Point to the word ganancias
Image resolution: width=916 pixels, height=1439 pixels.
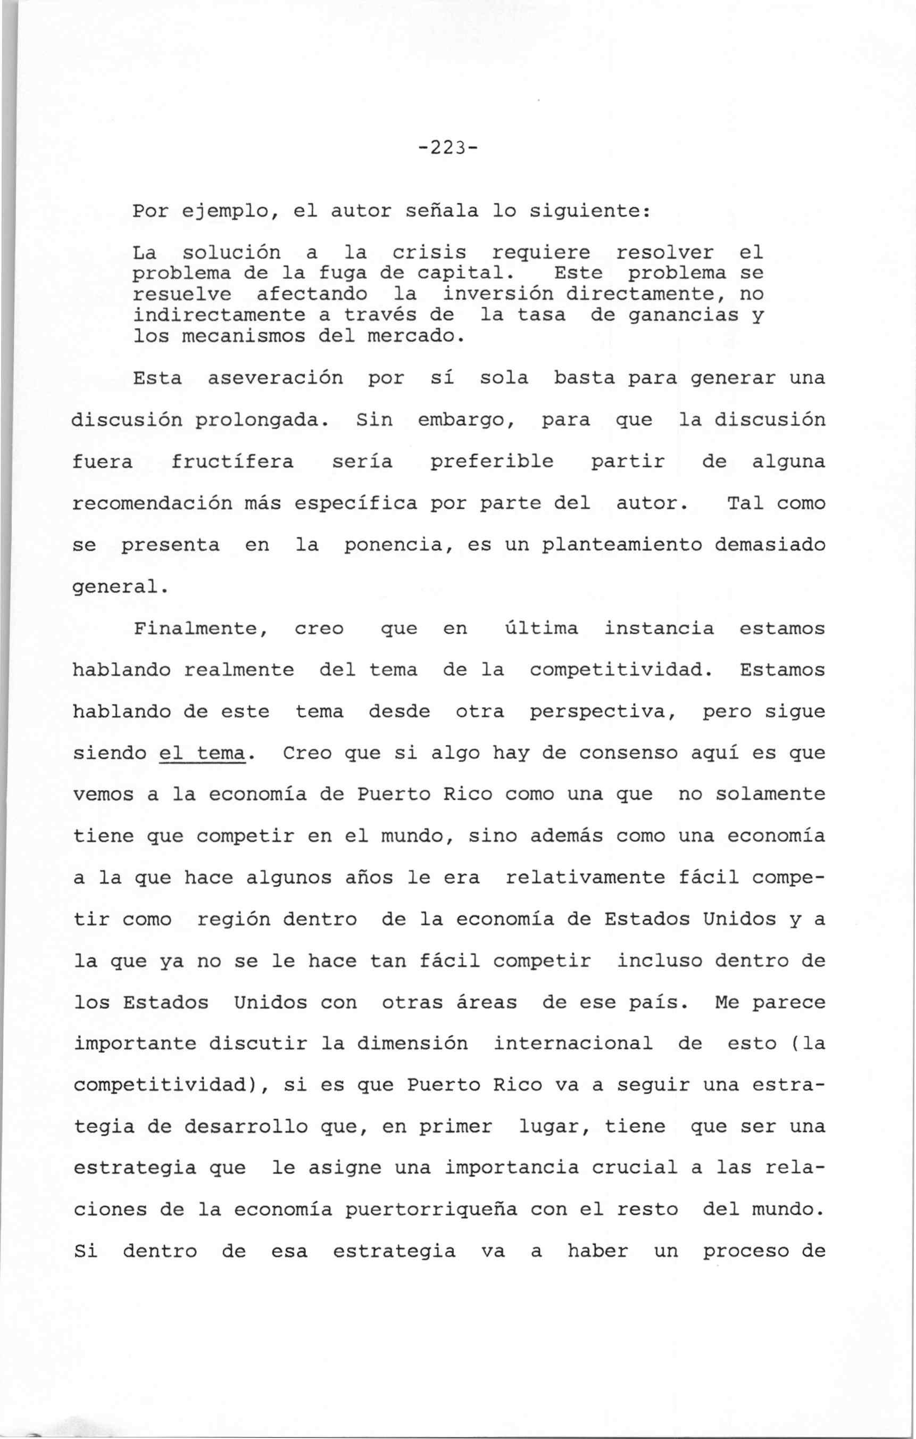click(x=684, y=315)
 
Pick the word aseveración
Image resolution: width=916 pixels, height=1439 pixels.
click(x=275, y=378)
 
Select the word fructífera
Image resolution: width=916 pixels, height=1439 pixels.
click(x=232, y=462)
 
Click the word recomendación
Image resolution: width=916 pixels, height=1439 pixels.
click(x=152, y=503)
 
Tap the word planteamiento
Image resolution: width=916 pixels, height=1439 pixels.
click(x=621, y=545)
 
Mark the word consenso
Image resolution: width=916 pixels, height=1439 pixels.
click(x=628, y=754)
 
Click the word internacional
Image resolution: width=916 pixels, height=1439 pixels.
click(x=572, y=1044)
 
